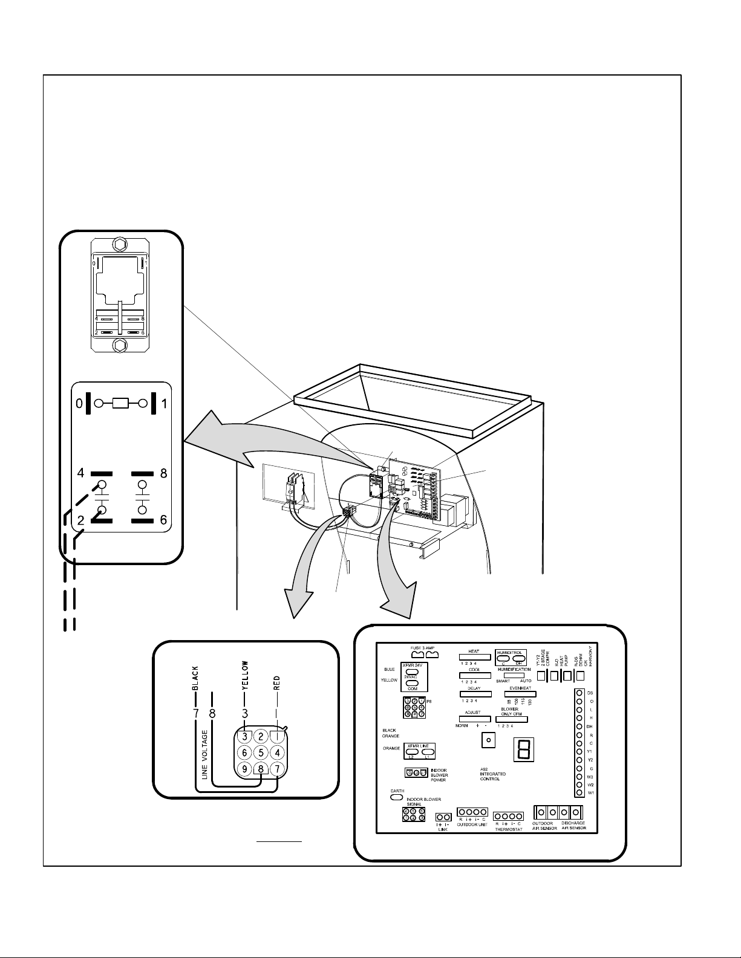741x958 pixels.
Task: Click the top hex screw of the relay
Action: pyautogui.click(x=120, y=245)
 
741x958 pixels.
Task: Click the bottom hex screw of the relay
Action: pyautogui.click(x=120, y=346)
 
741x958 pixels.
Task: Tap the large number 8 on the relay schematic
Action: pyautogui.click(x=163, y=474)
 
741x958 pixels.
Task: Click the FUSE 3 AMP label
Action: pyautogui.click(x=423, y=648)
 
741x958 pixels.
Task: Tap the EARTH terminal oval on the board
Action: pyautogui.click(x=397, y=797)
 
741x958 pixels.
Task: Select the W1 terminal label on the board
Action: pyautogui.click(x=590, y=792)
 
